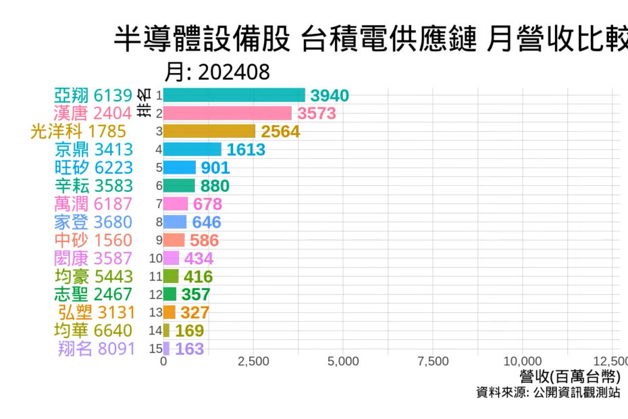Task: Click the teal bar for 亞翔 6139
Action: point(234,95)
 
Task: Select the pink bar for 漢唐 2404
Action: point(227,114)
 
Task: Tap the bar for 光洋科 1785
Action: point(209,131)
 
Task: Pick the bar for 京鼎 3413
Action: point(192,149)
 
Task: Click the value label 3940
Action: point(330,96)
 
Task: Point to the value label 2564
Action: point(280,132)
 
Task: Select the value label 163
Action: point(189,349)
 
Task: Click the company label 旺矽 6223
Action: point(94,168)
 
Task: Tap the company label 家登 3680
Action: point(94,222)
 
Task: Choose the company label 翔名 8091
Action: point(97,349)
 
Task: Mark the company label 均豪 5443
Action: point(94,276)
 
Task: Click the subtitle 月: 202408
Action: point(217,72)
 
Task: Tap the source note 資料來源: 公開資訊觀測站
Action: point(548,393)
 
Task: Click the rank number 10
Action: point(156,258)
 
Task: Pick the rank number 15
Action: point(156,349)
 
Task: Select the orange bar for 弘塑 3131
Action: point(169,312)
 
